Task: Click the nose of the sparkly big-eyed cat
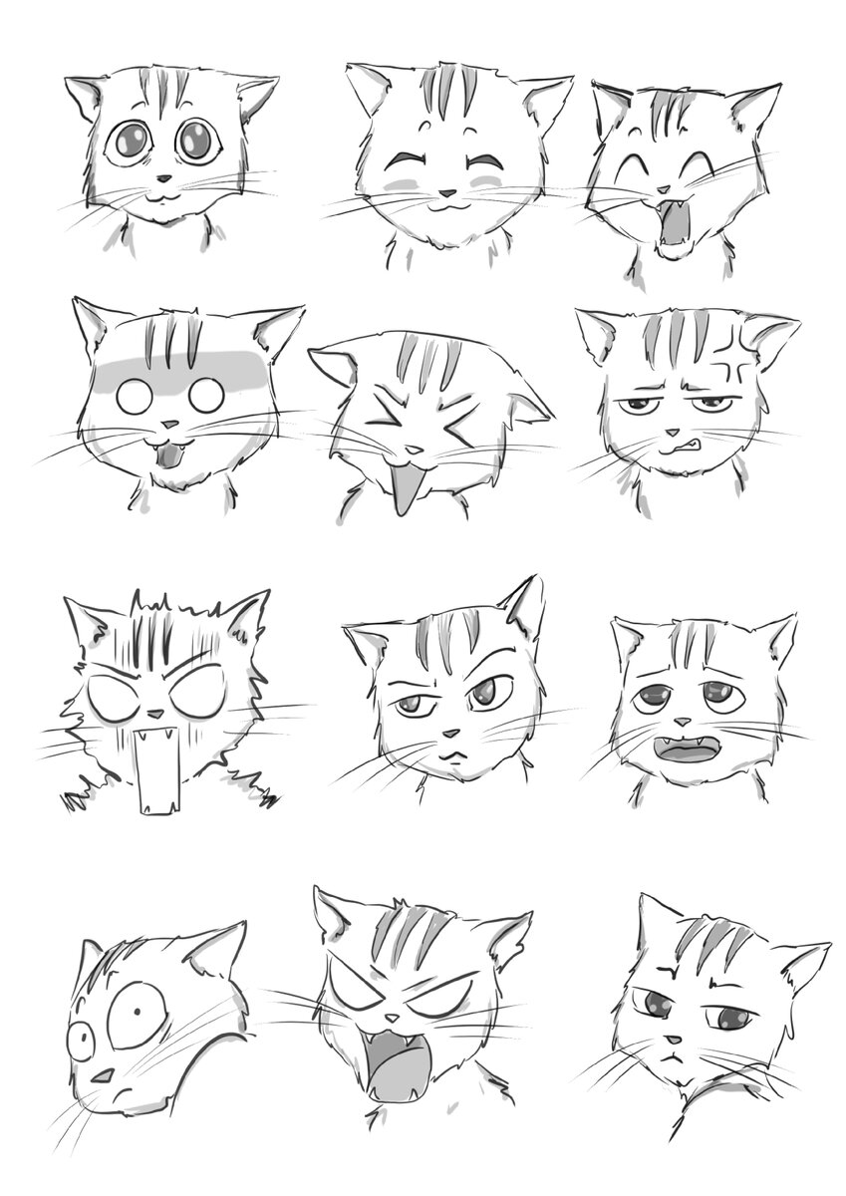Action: click(x=161, y=180)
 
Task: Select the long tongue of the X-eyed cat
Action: click(x=405, y=490)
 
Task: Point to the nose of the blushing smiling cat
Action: click(x=447, y=193)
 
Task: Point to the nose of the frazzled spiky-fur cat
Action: click(x=155, y=714)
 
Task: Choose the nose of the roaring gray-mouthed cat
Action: click(x=393, y=1019)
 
